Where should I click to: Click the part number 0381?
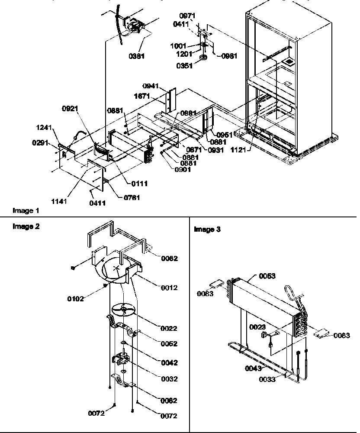point(136,56)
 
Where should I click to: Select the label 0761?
point(127,199)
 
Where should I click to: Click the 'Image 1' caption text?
point(26,211)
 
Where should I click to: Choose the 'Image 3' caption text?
point(207,230)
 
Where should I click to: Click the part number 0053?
point(268,276)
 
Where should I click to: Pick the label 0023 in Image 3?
point(258,327)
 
